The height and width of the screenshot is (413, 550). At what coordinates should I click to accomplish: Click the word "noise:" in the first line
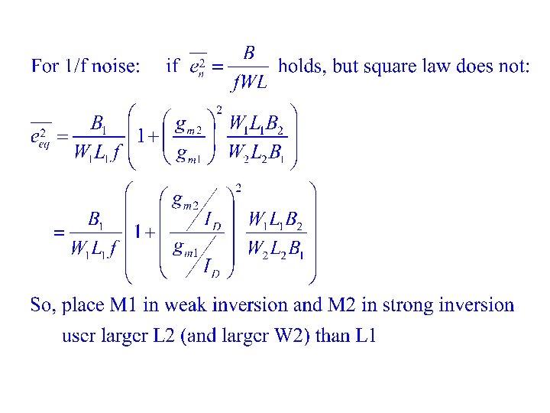click(115, 67)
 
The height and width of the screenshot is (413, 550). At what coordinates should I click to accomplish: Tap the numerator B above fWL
click(249, 53)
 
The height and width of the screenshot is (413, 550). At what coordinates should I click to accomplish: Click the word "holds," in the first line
click(302, 67)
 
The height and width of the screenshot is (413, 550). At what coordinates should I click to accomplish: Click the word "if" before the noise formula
click(173, 67)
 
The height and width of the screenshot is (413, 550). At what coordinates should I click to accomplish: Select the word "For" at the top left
click(44, 67)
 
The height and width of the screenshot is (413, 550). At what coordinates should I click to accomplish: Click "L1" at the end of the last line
click(364, 336)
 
